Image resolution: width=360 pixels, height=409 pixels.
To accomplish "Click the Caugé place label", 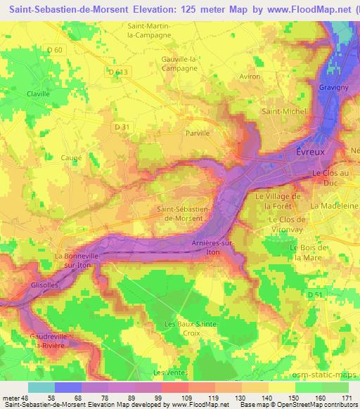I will pyautogui.click(x=72, y=158).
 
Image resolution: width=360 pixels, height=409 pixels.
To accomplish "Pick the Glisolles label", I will pyautogui.click(x=44, y=286).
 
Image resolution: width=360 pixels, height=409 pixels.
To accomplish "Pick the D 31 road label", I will pyautogui.click(x=123, y=126).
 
